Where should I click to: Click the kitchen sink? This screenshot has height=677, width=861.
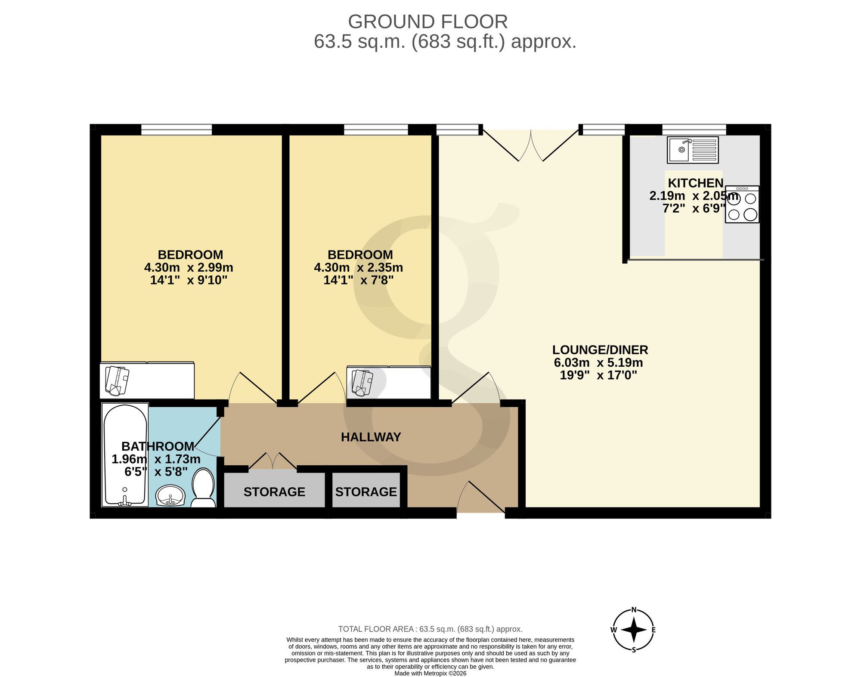pyautogui.click(x=693, y=150)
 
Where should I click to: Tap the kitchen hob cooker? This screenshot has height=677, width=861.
pyautogui.click(x=742, y=204)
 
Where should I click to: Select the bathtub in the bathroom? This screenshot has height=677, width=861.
pyautogui.click(x=125, y=454)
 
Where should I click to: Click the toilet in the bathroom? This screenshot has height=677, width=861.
pyautogui.click(x=203, y=488)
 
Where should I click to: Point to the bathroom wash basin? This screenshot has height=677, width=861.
pyautogui.click(x=170, y=496)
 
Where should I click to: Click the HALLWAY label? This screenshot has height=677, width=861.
pyautogui.click(x=371, y=437)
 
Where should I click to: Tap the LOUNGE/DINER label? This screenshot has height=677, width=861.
pyautogui.click(x=600, y=350)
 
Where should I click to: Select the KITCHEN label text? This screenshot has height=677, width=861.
pyautogui.click(x=695, y=183)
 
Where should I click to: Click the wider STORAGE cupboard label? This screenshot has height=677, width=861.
pyautogui.click(x=274, y=492)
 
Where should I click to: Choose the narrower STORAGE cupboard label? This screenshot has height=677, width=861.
pyautogui.click(x=366, y=492)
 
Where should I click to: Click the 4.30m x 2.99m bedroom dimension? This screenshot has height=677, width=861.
pyautogui.click(x=189, y=267)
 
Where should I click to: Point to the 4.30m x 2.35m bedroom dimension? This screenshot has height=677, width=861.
pyautogui.click(x=359, y=267)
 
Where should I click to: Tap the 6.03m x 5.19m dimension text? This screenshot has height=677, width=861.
pyautogui.click(x=598, y=362)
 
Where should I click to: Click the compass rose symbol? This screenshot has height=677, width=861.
pyautogui.click(x=634, y=630)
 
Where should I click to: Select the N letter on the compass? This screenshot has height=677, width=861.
pyautogui.click(x=634, y=609)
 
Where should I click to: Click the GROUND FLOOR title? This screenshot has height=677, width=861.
pyautogui.click(x=428, y=22)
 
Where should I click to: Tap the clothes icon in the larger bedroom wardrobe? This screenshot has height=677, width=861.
pyautogui.click(x=117, y=381)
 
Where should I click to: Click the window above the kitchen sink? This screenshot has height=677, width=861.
pyautogui.click(x=694, y=130)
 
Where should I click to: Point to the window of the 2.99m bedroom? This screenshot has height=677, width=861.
pyautogui.click(x=177, y=130)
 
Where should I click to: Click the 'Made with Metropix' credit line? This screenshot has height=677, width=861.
pyautogui.click(x=430, y=674)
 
